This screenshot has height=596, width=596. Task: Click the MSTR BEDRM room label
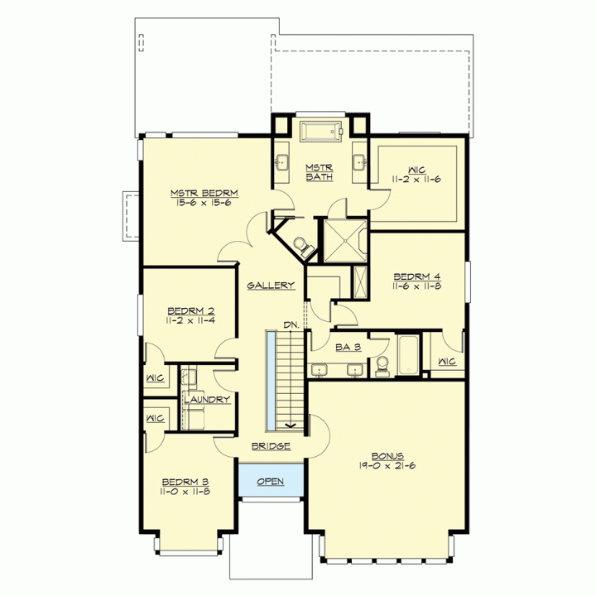point(204,193)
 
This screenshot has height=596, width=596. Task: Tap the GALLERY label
point(271,286)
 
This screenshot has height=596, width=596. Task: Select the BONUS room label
point(387,456)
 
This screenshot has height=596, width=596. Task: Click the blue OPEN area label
point(270,482)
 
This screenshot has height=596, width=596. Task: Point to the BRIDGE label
point(271,446)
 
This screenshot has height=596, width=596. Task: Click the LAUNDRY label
point(207,400)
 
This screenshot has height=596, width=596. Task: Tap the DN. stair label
point(291,325)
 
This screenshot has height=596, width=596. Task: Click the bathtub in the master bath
point(321,132)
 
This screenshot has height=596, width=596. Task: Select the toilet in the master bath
point(303,246)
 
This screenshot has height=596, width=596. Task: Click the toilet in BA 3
point(382,366)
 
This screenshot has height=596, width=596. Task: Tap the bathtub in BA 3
point(409,355)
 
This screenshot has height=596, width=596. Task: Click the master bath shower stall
point(345,241)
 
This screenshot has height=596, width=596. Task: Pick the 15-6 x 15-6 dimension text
point(204,203)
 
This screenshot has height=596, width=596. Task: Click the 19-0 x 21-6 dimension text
point(387,465)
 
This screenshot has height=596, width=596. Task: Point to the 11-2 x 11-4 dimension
point(190,320)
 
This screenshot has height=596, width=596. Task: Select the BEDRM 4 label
point(417,276)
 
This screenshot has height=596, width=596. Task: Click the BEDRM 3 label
point(185,482)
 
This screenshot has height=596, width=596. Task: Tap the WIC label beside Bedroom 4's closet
point(447,362)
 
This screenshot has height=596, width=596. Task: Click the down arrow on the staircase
point(291,425)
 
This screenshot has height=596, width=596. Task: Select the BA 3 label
point(348,347)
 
